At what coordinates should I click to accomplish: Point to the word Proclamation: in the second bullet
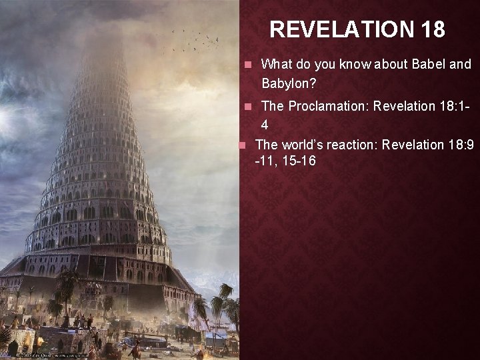[x=325, y=106]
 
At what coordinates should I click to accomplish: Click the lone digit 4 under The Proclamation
[x=265, y=125]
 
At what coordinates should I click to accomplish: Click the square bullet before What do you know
[x=247, y=65]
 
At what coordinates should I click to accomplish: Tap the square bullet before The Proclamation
[x=247, y=107]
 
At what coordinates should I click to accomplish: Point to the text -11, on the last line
[x=266, y=161]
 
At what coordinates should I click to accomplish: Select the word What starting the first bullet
[x=277, y=64]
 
